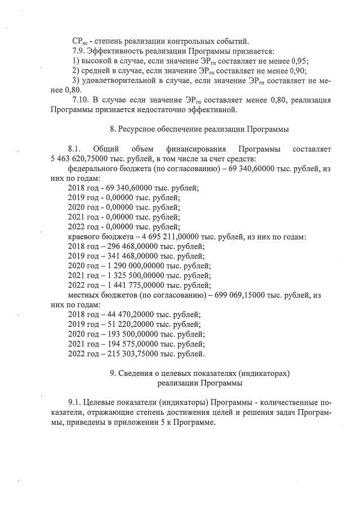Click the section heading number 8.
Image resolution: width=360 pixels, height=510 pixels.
(113, 129)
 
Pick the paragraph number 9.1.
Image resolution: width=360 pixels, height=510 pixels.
(74, 402)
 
